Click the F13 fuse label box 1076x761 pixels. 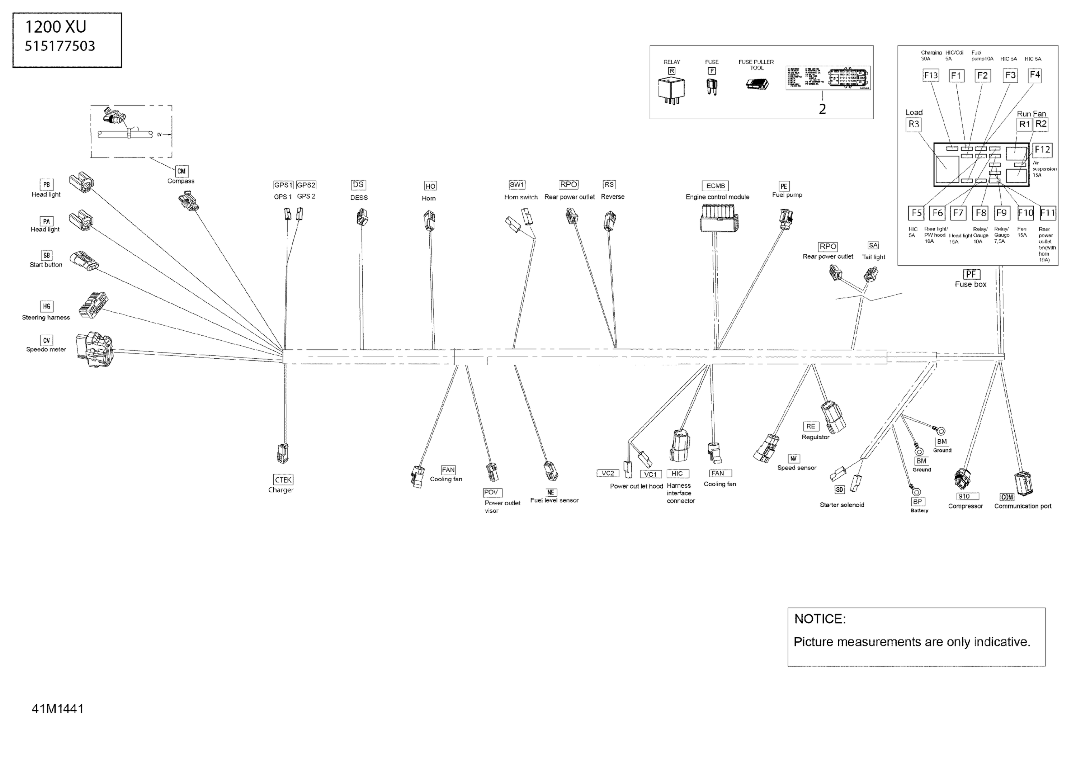click(931, 75)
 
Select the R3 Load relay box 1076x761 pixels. click(914, 124)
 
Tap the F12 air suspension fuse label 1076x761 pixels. click(1042, 150)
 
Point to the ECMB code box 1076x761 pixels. click(715, 186)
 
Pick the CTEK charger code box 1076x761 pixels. click(283, 480)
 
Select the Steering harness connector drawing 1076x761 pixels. click(93, 305)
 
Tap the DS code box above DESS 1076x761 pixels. click(358, 185)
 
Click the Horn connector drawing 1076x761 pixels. click(429, 220)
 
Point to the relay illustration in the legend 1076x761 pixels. click(671, 90)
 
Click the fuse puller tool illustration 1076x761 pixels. click(757, 84)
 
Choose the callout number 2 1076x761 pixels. click(822, 109)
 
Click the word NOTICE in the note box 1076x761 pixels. click(820, 619)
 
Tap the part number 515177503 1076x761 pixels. click(60, 46)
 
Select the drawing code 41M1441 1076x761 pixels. click(58, 709)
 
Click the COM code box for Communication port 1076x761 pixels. click(1007, 497)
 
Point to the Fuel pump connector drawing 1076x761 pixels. click(786, 219)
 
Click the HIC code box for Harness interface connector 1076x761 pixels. click(677, 474)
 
